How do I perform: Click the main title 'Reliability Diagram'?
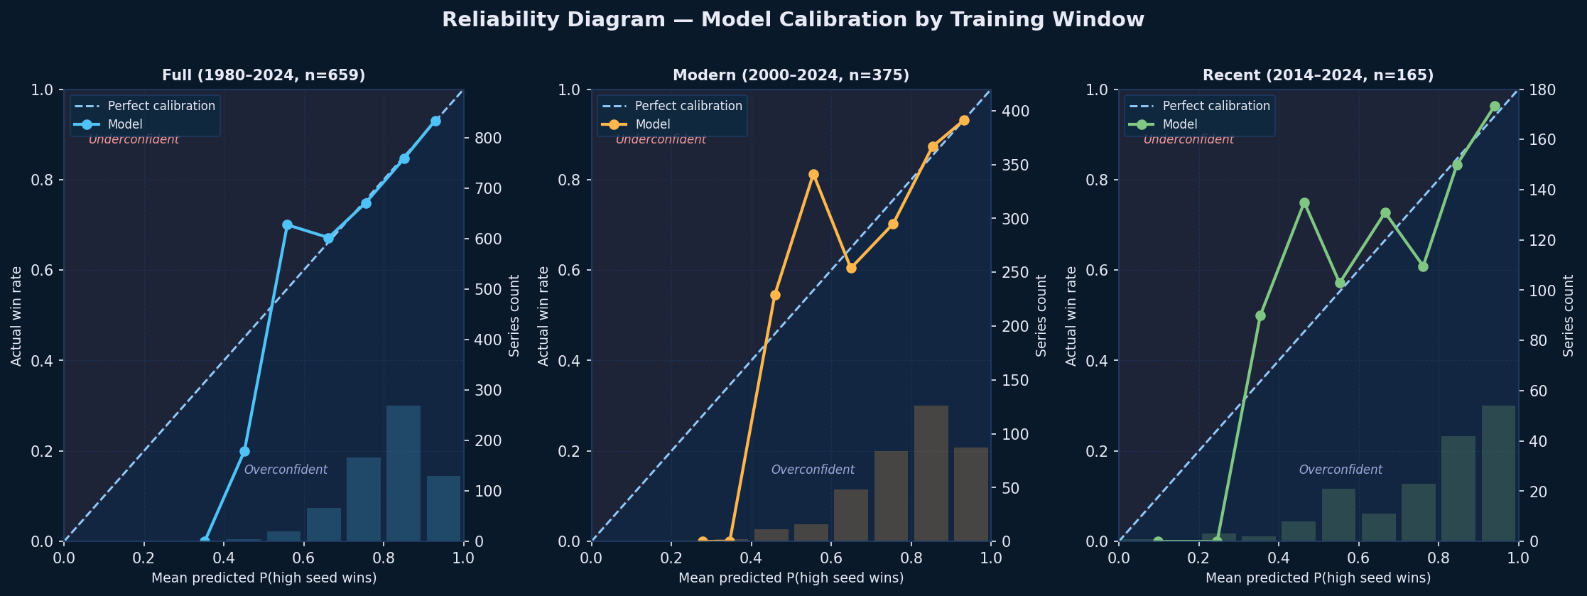pos(793,20)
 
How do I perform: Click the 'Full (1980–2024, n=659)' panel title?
pos(264,75)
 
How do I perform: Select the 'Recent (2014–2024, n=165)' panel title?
pos(1318,75)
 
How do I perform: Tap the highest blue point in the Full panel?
pos(435,121)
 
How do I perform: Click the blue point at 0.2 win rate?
pos(244,451)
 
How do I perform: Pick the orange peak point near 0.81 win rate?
pos(813,174)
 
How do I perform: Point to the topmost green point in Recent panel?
pos(1495,106)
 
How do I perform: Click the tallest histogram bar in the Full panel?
pos(403,473)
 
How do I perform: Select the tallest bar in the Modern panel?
pos(931,473)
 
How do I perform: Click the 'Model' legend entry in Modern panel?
pos(653,124)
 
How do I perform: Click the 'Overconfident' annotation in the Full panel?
pos(286,470)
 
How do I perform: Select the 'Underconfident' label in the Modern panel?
pos(661,139)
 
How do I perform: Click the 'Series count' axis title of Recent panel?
pos(1569,315)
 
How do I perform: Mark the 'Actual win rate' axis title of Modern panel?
pos(543,315)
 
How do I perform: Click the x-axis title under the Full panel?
pos(264,578)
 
